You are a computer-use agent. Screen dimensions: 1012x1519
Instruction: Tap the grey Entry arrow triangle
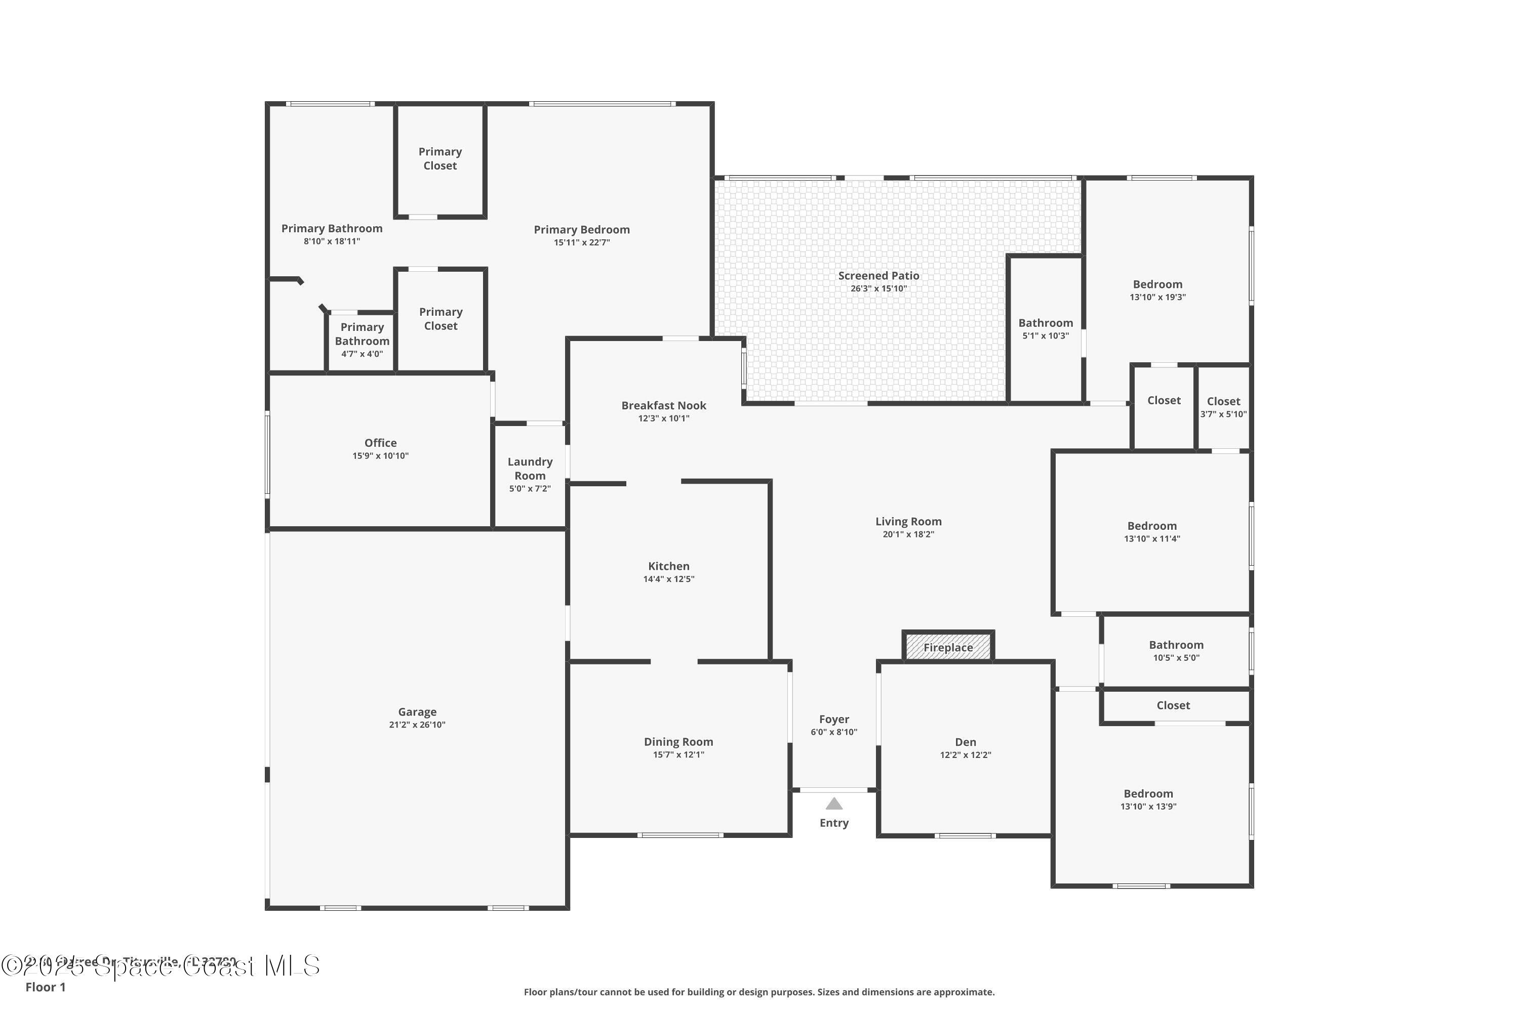tap(834, 804)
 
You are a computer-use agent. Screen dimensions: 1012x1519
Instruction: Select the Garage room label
tap(417, 712)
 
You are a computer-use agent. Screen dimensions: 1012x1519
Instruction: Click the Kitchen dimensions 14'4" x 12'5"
tap(668, 579)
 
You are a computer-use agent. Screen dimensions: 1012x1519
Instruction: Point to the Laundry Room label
tap(530, 469)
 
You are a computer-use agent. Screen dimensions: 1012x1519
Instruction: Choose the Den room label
tap(966, 742)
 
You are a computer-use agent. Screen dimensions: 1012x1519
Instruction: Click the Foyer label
tap(834, 719)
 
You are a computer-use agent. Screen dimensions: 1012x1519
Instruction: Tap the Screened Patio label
tap(878, 276)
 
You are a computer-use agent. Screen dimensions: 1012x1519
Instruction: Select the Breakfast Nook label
tap(663, 405)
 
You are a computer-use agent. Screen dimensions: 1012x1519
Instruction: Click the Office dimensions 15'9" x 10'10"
tap(380, 456)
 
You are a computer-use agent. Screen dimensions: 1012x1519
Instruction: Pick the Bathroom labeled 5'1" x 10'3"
tap(1045, 323)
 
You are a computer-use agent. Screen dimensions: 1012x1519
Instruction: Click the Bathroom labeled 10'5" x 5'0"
tap(1175, 645)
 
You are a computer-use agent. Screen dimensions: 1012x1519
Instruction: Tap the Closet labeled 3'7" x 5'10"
tap(1223, 401)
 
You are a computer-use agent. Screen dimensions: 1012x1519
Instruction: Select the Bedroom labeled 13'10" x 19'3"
tap(1157, 284)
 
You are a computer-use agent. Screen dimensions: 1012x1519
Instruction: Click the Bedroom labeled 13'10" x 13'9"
tap(1148, 794)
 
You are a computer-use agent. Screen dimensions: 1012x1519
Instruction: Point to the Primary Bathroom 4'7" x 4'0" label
tap(362, 334)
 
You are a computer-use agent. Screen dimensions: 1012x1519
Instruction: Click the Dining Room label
tap(678, 742)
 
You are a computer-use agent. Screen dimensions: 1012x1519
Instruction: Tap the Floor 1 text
tap(45, 987)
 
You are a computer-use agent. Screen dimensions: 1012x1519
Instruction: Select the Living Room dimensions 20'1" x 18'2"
tap(908, 534)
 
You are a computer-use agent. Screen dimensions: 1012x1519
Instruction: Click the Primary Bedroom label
tap(581, 230)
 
